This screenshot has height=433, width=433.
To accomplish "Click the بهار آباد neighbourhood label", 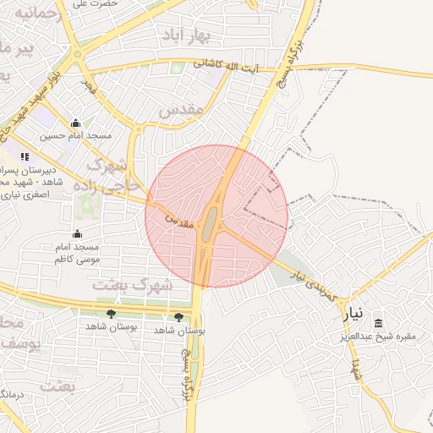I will (187, 36).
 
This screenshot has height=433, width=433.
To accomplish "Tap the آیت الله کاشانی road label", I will (233, 63).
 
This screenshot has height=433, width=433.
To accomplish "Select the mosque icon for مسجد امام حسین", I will (76, 123).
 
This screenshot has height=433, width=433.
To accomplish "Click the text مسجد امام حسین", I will (76, 135).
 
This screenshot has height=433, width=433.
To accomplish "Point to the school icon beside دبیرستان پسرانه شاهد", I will (25, 156).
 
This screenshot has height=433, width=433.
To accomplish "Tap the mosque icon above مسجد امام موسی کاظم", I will (77, 234).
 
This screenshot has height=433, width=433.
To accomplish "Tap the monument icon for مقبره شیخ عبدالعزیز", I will (377, 324).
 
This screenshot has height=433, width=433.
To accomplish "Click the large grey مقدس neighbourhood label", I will (181, 110).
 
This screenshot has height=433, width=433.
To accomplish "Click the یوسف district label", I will (19, 344).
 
